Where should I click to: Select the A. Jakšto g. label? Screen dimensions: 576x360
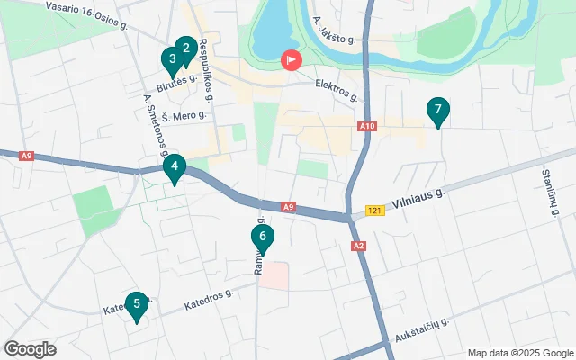[x=334, y=29]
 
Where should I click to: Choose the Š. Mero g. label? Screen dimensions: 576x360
[x=186, y=114]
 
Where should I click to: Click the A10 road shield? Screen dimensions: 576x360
[x=365, y=127]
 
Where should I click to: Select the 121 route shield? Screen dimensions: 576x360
[x=375, y=211]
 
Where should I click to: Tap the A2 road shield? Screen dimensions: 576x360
[x=359, y=245]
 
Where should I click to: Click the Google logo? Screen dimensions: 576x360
[x=30, y=349]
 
